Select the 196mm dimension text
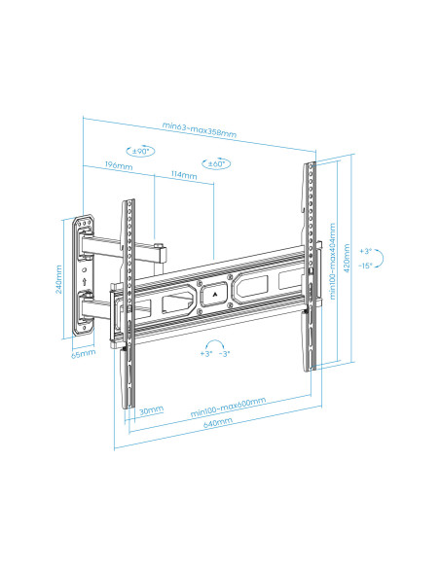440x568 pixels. click(118, 167)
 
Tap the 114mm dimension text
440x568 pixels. click(183, 176)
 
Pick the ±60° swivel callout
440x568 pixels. click(215, 163)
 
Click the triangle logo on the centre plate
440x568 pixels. click(214, 289)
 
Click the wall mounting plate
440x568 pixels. click(84, 276)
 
